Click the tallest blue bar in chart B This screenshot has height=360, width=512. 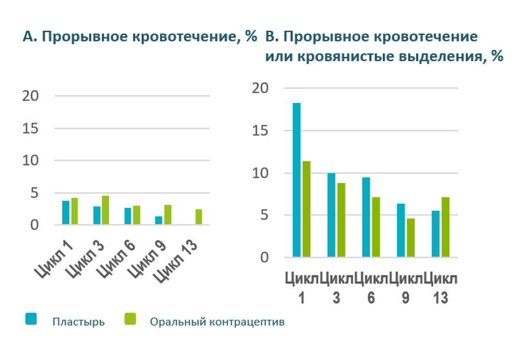pyautogui.click(x=296, y=180)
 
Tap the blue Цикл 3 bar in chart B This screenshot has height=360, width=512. pyautogui.click(x=331, y=215)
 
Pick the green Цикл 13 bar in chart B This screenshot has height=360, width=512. pyautogui.click(x=445, y=227)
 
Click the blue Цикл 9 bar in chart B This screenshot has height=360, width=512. pyautogui.click(x=401, y=230)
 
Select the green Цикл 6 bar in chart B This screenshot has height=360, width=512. pyautogui.click(x=375, y=227)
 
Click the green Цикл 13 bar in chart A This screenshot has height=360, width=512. pyautogui.click(x=199, y=217)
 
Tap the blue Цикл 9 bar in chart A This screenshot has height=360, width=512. pyautogui.click(x=158, y=221)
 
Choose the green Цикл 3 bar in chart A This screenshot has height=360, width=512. pyautogui.click(x=105, y=210)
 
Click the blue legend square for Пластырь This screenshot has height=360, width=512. pyautogui.click(x=31, y=320)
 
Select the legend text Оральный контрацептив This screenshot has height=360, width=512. pyautogui.click(x=217, y=322)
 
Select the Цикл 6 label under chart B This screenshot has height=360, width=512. pyautogui.click(x=371, y=288)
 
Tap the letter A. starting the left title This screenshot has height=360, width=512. pyautogui.click(x=29, y=37)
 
